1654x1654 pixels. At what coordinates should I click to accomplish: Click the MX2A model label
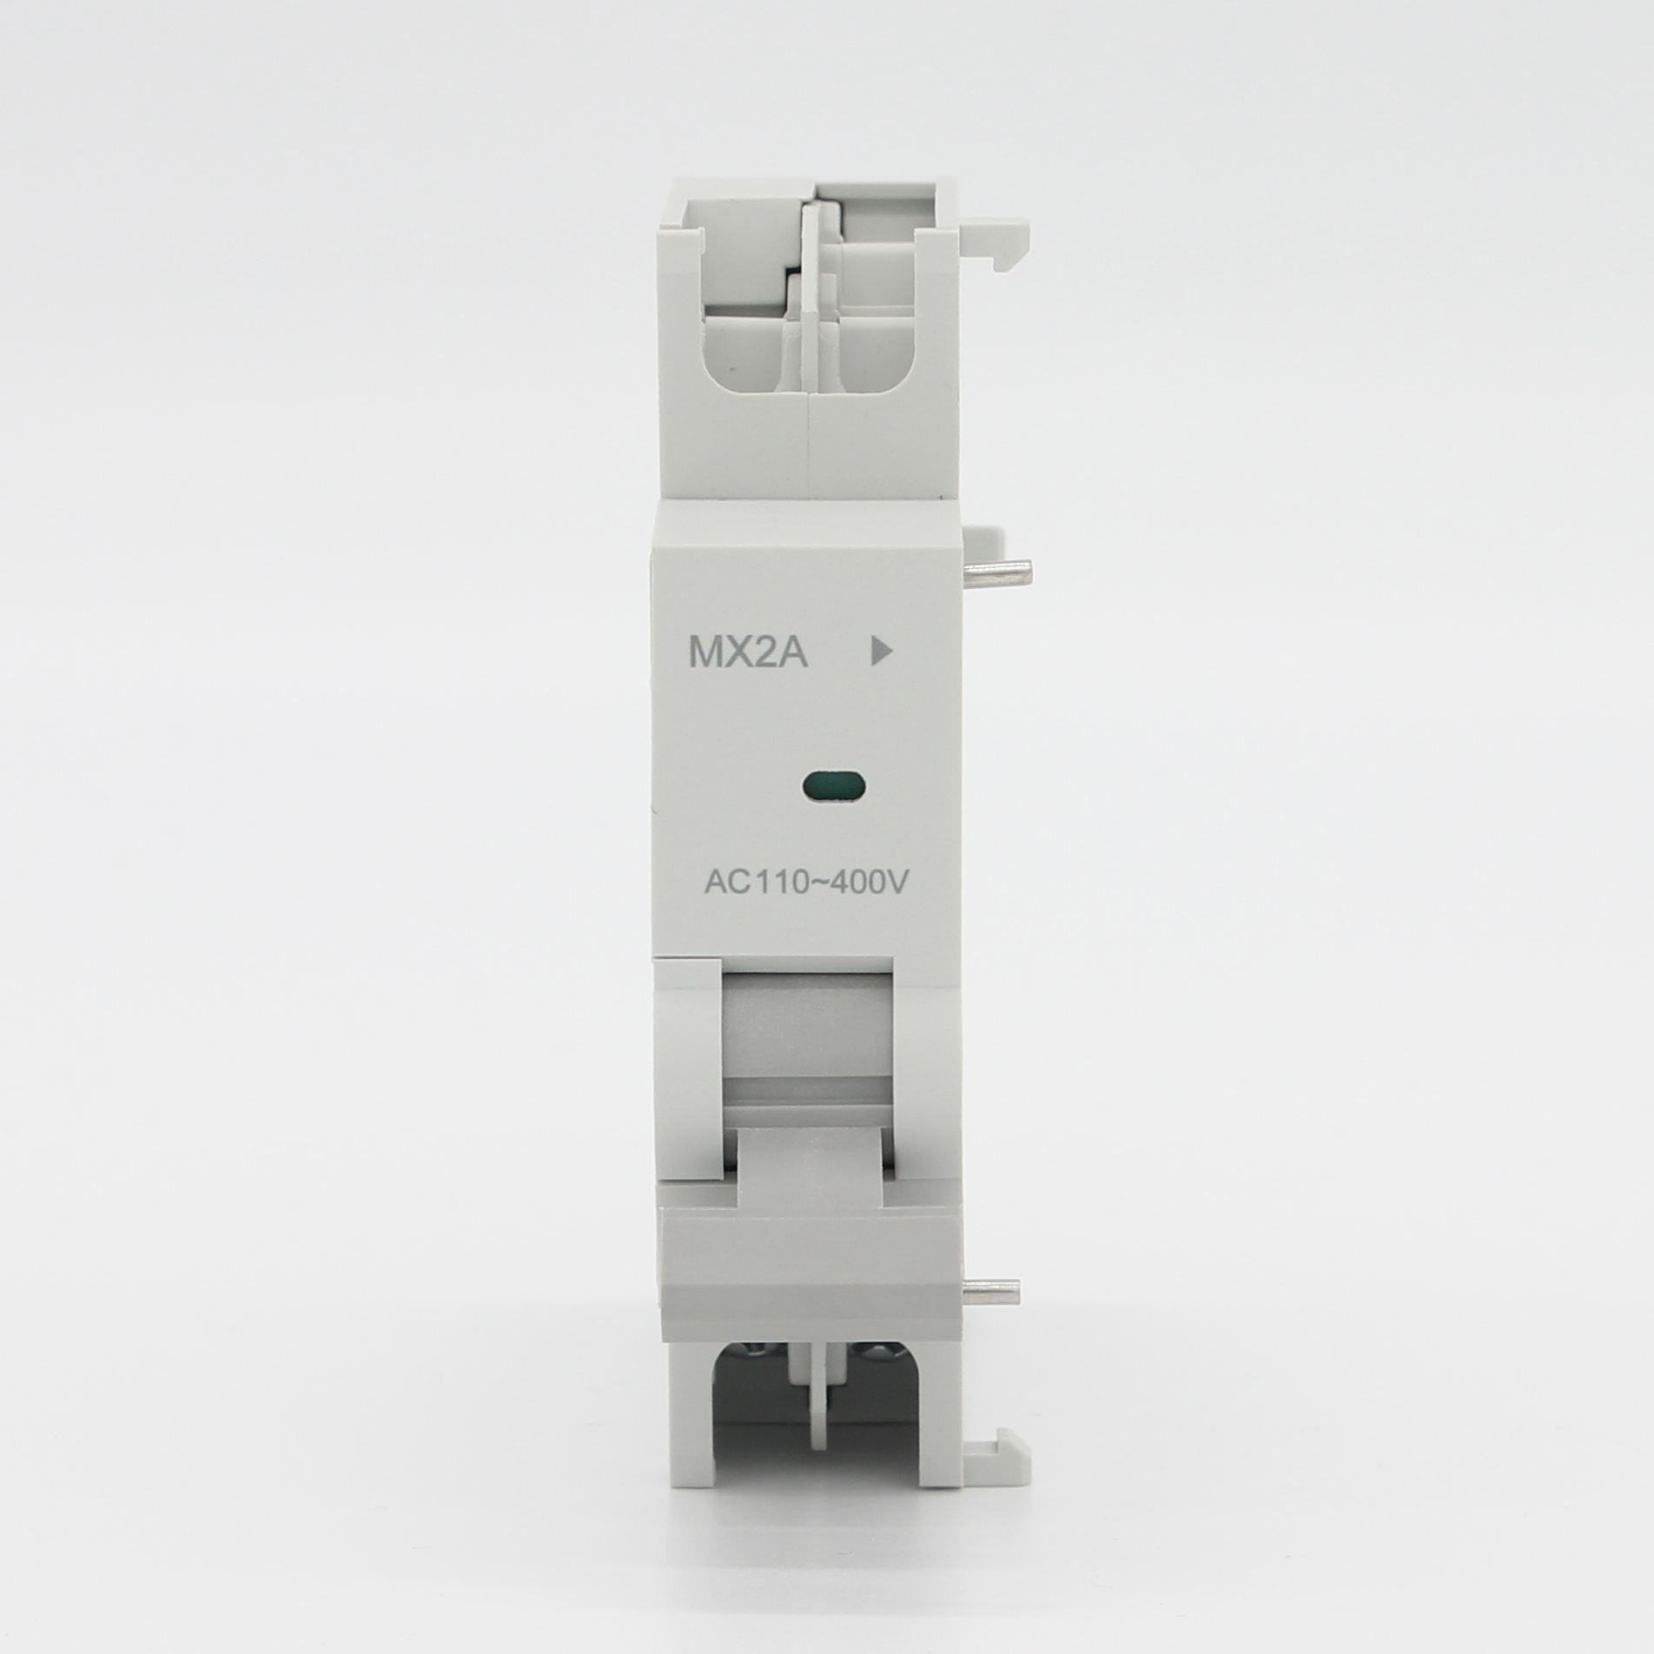pyautogui.click(x=748, y=653)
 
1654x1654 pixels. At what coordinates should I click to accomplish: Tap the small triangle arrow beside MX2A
pyautogui.click(x=882, y=652)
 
